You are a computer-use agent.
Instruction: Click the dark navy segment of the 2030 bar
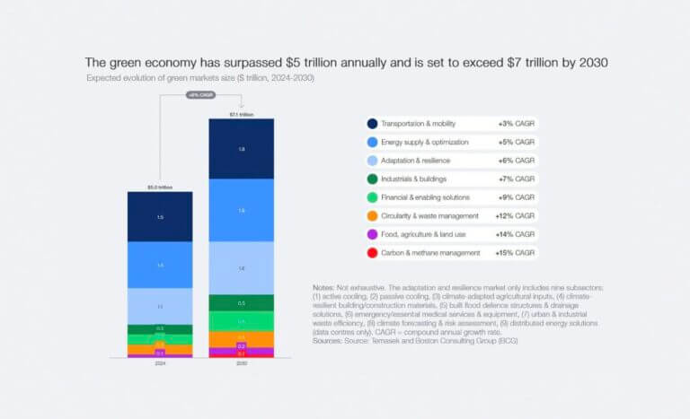[241, 149]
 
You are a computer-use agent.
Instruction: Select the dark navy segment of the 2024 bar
[160, 217]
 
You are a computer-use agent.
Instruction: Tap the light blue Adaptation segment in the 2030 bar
[241, 267]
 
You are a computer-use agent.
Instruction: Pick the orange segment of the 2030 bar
[241, 339]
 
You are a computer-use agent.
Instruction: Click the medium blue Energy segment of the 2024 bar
[160, 266]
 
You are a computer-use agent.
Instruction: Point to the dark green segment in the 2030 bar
[241, 302]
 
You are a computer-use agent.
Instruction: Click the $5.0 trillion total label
[160, 188]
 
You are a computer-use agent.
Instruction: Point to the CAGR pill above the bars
[200, 95]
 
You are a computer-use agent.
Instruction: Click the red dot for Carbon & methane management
[372, 254]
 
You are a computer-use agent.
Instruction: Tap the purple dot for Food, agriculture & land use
[372, 235]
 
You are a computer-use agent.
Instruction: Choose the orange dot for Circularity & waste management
[372, 216]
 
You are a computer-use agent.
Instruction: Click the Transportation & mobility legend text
[419, 124]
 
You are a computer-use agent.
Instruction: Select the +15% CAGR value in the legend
[515, 254]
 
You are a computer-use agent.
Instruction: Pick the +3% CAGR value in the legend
[517, 124]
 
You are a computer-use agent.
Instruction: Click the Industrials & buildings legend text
[414, 179]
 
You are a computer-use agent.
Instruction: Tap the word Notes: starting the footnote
[323, 287]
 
